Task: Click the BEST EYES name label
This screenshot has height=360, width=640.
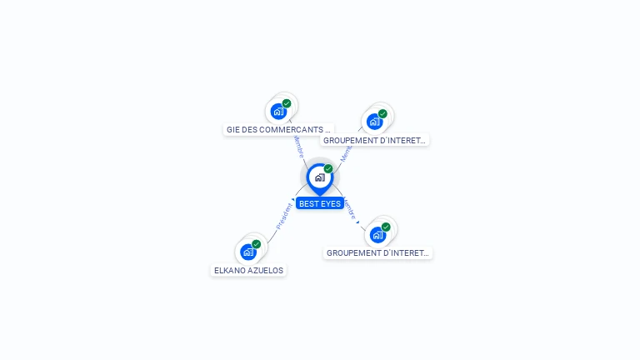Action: pos(320,203)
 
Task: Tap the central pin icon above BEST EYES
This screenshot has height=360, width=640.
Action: pos(319,177)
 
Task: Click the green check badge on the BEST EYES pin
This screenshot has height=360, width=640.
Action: pos(328,169)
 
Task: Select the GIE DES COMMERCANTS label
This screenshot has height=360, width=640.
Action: pos(278,129)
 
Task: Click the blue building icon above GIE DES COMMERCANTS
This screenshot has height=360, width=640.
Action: pos(278,112)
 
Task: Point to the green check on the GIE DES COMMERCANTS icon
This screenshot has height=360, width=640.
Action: pos(287,103)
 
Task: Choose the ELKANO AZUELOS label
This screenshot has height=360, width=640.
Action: pos(248,270)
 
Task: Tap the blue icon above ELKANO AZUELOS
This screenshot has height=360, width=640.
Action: pos(247,252)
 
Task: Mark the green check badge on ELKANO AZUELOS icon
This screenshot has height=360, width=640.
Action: pos(257,244)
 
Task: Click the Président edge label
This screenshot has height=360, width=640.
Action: pos(283,216)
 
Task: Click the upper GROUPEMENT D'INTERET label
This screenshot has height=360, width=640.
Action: pos(374,140)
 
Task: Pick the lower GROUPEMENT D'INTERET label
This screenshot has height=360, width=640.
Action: pos(377,252)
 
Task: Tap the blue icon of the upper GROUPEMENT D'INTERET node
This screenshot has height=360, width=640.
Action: pos(374,122)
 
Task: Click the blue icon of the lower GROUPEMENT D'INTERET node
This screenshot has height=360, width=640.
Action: pos(377,234)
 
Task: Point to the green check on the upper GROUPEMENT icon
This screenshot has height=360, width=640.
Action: pos(382,114)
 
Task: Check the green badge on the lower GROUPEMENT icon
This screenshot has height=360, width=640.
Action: pos(386,227)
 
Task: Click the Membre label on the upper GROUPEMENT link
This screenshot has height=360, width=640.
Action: pos(346,153)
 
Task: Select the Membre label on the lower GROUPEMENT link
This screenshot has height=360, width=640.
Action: pos(351,208)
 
